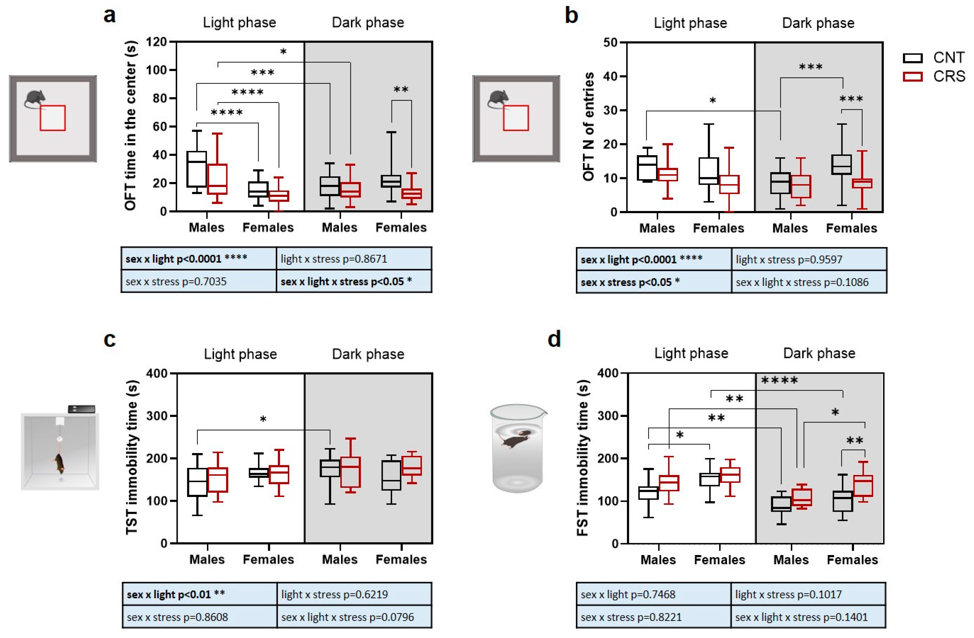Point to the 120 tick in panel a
click(156, 42)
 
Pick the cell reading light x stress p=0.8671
click(354, 259)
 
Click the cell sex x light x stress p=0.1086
click(809, 282)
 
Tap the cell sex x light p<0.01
click(199, 594)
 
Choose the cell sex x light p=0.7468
click(653, 594)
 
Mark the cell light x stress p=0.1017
click(808, 594)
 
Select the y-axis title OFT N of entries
click(588, 127)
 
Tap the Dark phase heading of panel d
click(819, 354)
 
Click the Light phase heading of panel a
click(239, 23)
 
